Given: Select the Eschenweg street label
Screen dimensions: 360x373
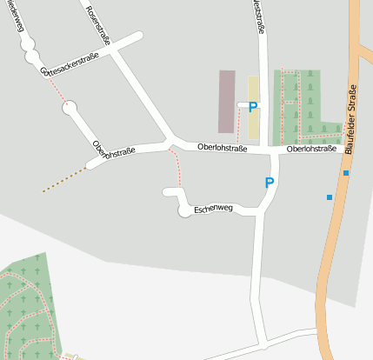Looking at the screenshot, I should click(214, 210).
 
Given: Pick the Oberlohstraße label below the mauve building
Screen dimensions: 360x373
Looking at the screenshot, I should click(222, 149).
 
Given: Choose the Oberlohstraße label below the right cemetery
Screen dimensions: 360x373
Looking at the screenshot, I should click(311, 149).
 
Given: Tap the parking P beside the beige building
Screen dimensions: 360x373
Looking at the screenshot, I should click(252, 107).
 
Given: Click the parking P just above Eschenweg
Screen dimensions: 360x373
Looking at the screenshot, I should click(270, 183).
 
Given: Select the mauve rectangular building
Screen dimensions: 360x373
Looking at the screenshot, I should click(227, 102).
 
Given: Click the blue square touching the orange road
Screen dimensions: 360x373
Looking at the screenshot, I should click(346, 173).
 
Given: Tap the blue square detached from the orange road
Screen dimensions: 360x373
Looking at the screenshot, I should click(330, 197).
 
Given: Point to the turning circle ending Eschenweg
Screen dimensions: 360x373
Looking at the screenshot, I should click(184, 211).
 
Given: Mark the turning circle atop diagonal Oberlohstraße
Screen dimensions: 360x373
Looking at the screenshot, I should click(70, 109).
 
